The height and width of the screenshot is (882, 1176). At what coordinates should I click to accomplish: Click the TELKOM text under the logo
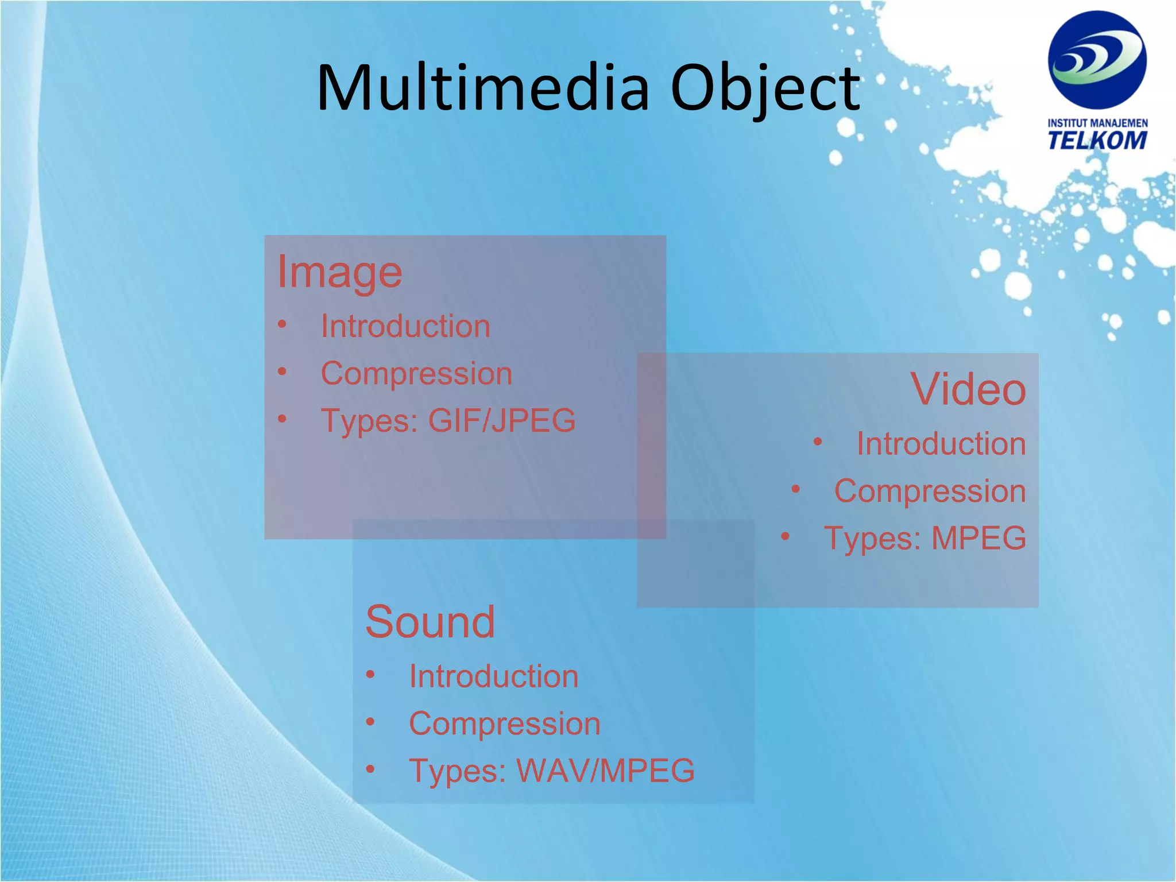pos(1097,140)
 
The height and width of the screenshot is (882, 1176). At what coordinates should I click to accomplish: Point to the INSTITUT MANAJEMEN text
pos(1097,123)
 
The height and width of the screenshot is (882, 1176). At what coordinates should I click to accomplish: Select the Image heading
pos(339,272)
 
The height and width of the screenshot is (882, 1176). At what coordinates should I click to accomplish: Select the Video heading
pos(968,389)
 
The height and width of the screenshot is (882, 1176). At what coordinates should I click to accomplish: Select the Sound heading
pos(430,622)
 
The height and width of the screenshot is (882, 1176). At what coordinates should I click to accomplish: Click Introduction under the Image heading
pos(405,326)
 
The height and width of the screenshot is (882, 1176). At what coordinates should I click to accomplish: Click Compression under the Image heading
pos(416,374)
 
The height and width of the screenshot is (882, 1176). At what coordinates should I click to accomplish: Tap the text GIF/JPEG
pos(502,420)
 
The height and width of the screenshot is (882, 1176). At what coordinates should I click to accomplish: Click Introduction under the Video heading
pos(941,444)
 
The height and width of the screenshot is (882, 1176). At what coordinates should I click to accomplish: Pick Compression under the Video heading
pos(930,492)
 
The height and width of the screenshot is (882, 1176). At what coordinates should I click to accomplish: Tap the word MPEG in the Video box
pos(978,539)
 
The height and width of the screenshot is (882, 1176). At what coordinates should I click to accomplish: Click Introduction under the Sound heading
pos(493,676)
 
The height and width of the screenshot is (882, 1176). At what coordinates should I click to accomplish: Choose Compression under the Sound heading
pos(504,724)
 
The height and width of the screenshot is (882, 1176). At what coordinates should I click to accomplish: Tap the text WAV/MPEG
pos(605,771)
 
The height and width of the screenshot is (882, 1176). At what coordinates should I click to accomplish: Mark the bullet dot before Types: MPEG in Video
pos(785,537)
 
